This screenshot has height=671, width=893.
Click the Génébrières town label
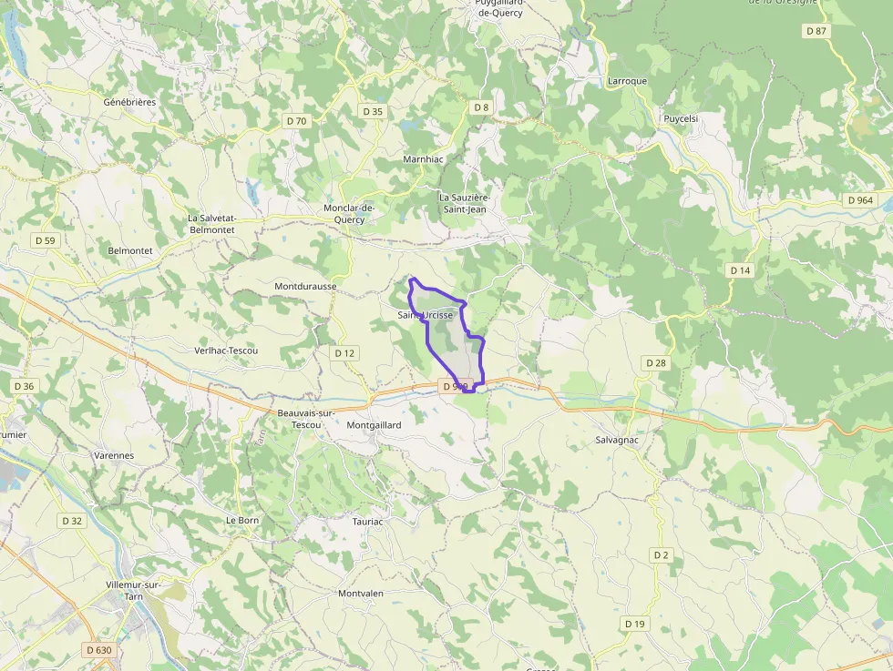pos(129,102)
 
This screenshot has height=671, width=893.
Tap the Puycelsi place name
pos(681,118)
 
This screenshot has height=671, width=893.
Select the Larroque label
pos(627,81)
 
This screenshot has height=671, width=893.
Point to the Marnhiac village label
pos(423,158)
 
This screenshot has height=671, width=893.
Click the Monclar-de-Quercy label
pos(349,213)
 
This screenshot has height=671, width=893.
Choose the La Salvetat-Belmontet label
pos(211,224)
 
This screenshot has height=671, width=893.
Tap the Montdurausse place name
pos(305,286)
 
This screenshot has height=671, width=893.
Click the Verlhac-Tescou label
pos(226,351)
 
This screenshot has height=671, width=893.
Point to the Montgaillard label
pos(374,425)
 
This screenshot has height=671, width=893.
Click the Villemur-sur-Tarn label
pos(134,591)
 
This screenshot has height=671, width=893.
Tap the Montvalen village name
pos(361,594)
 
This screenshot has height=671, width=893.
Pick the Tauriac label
pos(368,522)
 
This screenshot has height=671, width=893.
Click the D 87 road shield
pos(816,31)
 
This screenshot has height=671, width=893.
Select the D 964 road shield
pos(859,200)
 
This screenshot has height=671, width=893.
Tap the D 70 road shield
pos(296,120)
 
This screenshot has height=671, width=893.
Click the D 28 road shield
pos(656,363)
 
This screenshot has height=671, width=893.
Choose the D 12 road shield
pos(344,353)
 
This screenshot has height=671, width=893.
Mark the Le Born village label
pos(242,520)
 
